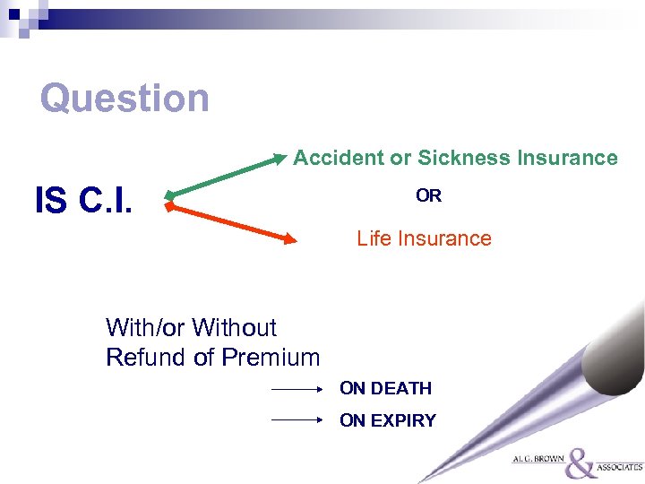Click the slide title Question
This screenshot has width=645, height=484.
125,99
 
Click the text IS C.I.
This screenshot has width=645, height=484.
83,202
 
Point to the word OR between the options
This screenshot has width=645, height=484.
428,196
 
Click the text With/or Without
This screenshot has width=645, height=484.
191,328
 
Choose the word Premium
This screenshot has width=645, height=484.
271,358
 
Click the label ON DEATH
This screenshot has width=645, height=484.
385,389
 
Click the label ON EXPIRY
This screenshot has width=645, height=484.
387,420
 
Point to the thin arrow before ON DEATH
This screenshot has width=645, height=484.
297,390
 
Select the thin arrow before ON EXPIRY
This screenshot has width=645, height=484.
297,419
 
